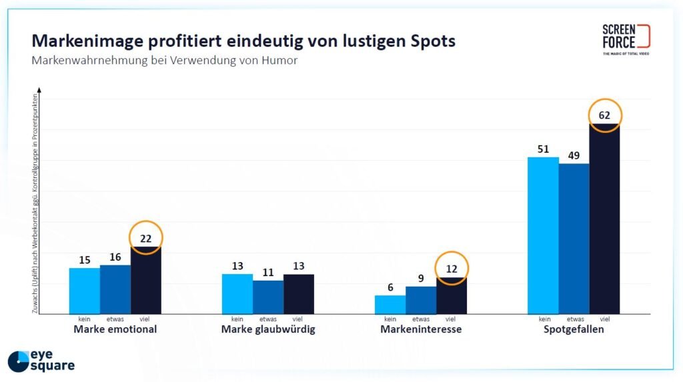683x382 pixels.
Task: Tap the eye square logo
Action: (41, 360)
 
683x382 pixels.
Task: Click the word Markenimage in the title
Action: (86, 41)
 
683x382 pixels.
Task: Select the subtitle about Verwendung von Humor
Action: (164, 61)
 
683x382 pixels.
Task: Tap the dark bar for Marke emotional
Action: (146, 280)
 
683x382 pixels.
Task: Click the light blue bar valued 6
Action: (390, 305)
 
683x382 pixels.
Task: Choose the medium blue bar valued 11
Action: (268, 297)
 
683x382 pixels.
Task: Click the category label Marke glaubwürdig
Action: (268, 329)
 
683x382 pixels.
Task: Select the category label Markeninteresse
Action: (421, 329)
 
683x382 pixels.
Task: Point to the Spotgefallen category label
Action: (574, 329)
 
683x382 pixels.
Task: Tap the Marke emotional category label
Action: (115, 329)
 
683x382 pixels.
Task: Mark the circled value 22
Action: (146, 238)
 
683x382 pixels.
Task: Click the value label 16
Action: (115, 257)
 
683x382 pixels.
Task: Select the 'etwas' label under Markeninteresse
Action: (421, 319)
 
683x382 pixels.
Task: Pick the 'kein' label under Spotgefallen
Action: (543, 319)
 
